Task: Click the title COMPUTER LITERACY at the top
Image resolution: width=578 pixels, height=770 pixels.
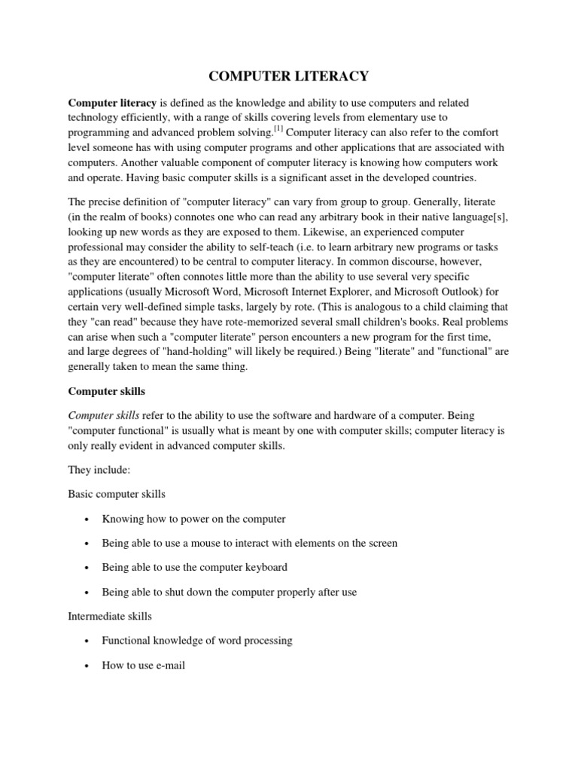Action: pos(288,75)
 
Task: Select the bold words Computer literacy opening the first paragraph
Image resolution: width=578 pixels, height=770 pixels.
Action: pos(112,102)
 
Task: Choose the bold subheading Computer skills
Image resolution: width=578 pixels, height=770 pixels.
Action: pos(107,391)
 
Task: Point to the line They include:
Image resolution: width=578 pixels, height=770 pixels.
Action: pos(99,470)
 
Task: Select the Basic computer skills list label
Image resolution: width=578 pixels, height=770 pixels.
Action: pos(117,494)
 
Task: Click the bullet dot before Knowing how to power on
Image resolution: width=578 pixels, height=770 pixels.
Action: pos(88,520)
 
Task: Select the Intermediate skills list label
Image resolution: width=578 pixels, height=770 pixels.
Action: pos(110,616)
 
